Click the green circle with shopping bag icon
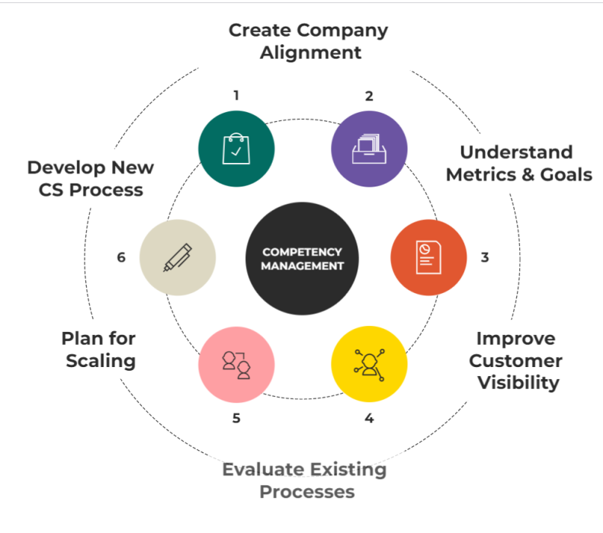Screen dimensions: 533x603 (x=236, y=148)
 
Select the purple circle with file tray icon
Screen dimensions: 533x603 (x=369, y=148)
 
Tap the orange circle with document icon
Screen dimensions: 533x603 (x=428, y=257)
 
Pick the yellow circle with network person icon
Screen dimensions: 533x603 (x=370, y=363)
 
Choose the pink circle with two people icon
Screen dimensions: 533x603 (x=236, y=363)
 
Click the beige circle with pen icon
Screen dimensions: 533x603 (x=178, y=257)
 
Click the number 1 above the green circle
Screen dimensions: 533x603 (x=236, y=96)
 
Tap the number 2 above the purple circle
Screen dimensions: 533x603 (x=369, y=96)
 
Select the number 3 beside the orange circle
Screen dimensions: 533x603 (x=485, y=257)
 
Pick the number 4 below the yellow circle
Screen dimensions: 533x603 (x=369, y=418)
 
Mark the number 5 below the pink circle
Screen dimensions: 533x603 (x=236, y=418)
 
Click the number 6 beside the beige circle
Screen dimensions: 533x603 (x=121, y=257)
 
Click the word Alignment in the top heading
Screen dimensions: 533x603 (x=310, y=53)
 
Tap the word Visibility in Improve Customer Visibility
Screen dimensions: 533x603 (x=518, y=382)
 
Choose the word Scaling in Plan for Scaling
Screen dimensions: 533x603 (x=101, y=360)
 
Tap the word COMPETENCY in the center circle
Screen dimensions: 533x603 (x=302, y=251)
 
